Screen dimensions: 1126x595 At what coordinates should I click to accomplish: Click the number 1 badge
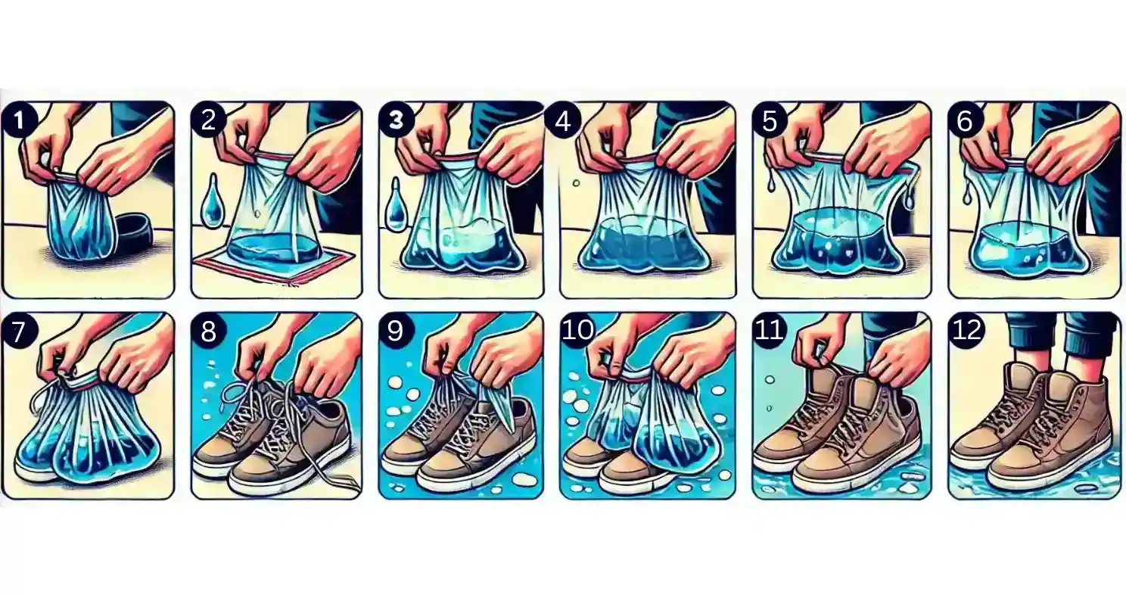[x=19, y=120]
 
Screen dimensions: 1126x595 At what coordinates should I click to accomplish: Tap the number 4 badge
[x=563, y=121]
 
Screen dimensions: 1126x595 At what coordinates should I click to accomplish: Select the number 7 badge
[x=19, y=332]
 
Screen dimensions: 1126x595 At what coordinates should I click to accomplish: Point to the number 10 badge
[x=577, y=331]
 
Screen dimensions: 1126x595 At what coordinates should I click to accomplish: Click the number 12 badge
[x=966, y=331]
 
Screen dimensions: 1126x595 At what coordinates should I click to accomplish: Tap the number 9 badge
[x=396, y=332]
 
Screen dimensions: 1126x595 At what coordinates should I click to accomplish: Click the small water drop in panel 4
[x=576, y=183]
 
